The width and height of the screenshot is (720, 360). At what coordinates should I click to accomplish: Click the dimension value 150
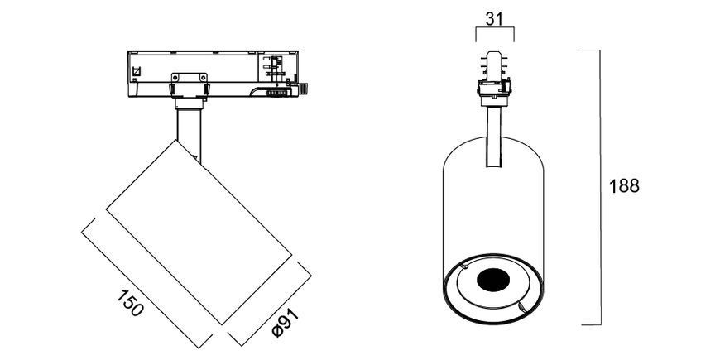pos(130,303)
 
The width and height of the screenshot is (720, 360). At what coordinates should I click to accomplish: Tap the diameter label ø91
pos(285,323)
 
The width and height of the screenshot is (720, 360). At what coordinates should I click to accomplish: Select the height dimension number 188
pos(624,186)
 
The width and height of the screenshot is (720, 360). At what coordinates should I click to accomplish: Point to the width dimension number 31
pos(494,19)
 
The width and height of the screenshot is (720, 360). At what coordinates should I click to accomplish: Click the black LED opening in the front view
pos(493,281)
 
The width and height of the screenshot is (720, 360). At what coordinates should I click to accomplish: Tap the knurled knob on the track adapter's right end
pos(303,89)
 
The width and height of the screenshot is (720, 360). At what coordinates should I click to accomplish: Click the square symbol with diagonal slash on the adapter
pos(136,72)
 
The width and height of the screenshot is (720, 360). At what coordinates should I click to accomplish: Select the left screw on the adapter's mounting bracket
pos(174,89)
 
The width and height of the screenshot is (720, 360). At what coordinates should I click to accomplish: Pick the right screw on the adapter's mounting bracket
pos(206,89)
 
